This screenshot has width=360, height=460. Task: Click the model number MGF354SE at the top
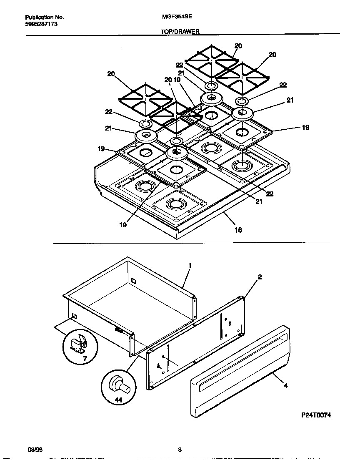(x=174, y=18)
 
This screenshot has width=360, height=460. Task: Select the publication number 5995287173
(x=41, y=24)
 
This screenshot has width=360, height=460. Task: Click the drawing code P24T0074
(x=316, y=415)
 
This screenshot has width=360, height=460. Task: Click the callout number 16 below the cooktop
(x=238, y=229)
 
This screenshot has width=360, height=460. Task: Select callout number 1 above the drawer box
(x=190, y=265)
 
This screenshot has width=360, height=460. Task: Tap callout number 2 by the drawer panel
(x=260, y=277)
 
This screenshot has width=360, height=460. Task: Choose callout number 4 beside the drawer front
(x=285, y=386)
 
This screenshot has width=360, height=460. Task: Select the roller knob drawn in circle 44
(x=120, y=385)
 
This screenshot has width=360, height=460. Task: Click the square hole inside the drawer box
(x=133, y=281)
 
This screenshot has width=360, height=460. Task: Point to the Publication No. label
(x=44, y=18)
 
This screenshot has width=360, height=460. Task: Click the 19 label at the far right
(x=305, y=128)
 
